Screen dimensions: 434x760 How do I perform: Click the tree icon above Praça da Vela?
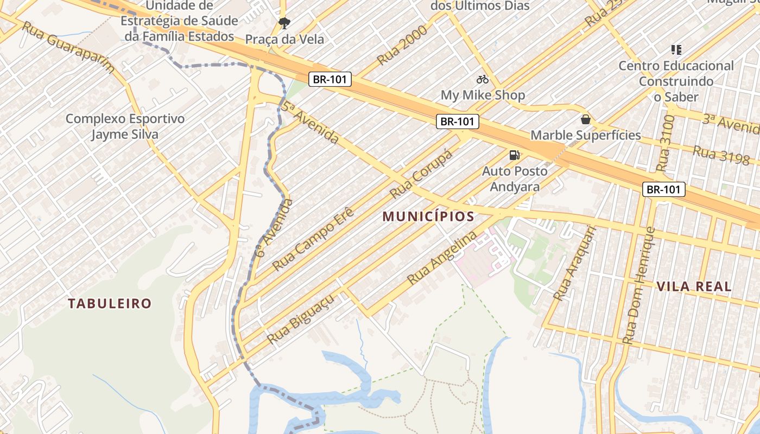tap(284, 23)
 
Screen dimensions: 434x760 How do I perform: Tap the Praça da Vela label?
tap(284, 39)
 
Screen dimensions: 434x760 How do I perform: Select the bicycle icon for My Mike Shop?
tap(483, 80)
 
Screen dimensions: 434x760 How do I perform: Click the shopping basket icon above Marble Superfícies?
tap(585, 119)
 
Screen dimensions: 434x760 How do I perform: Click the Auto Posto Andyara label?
tap(515, 179)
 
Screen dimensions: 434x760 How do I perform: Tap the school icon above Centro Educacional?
tap(676, 50)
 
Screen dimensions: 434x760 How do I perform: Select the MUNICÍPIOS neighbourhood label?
tap(428, 216)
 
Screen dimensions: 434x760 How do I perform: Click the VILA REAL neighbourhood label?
tap(694, 286)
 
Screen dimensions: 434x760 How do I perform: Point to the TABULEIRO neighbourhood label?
tap(109, 303)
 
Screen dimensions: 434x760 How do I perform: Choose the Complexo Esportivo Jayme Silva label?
tap(125, 126)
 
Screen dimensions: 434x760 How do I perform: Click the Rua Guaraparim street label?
tap(68, 47)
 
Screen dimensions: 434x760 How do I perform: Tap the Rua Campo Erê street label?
tap(313, 239)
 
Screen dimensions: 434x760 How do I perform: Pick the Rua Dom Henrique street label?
tap(639, 286)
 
